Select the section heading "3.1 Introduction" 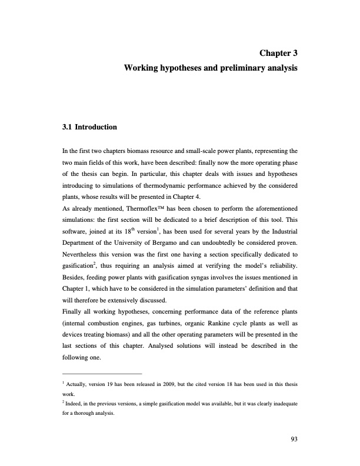pyautogui.click(x=90, y=127)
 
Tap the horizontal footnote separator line pyautogui.click(x=102, y=373)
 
